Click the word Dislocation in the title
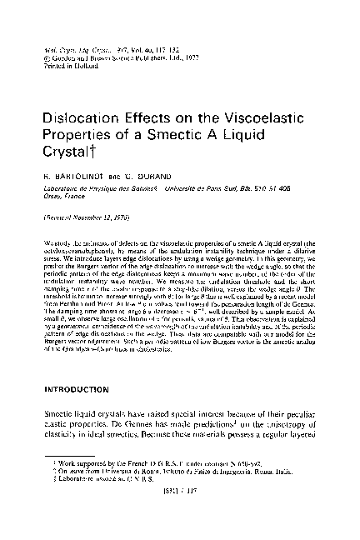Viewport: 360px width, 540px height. tap(79, 117)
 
